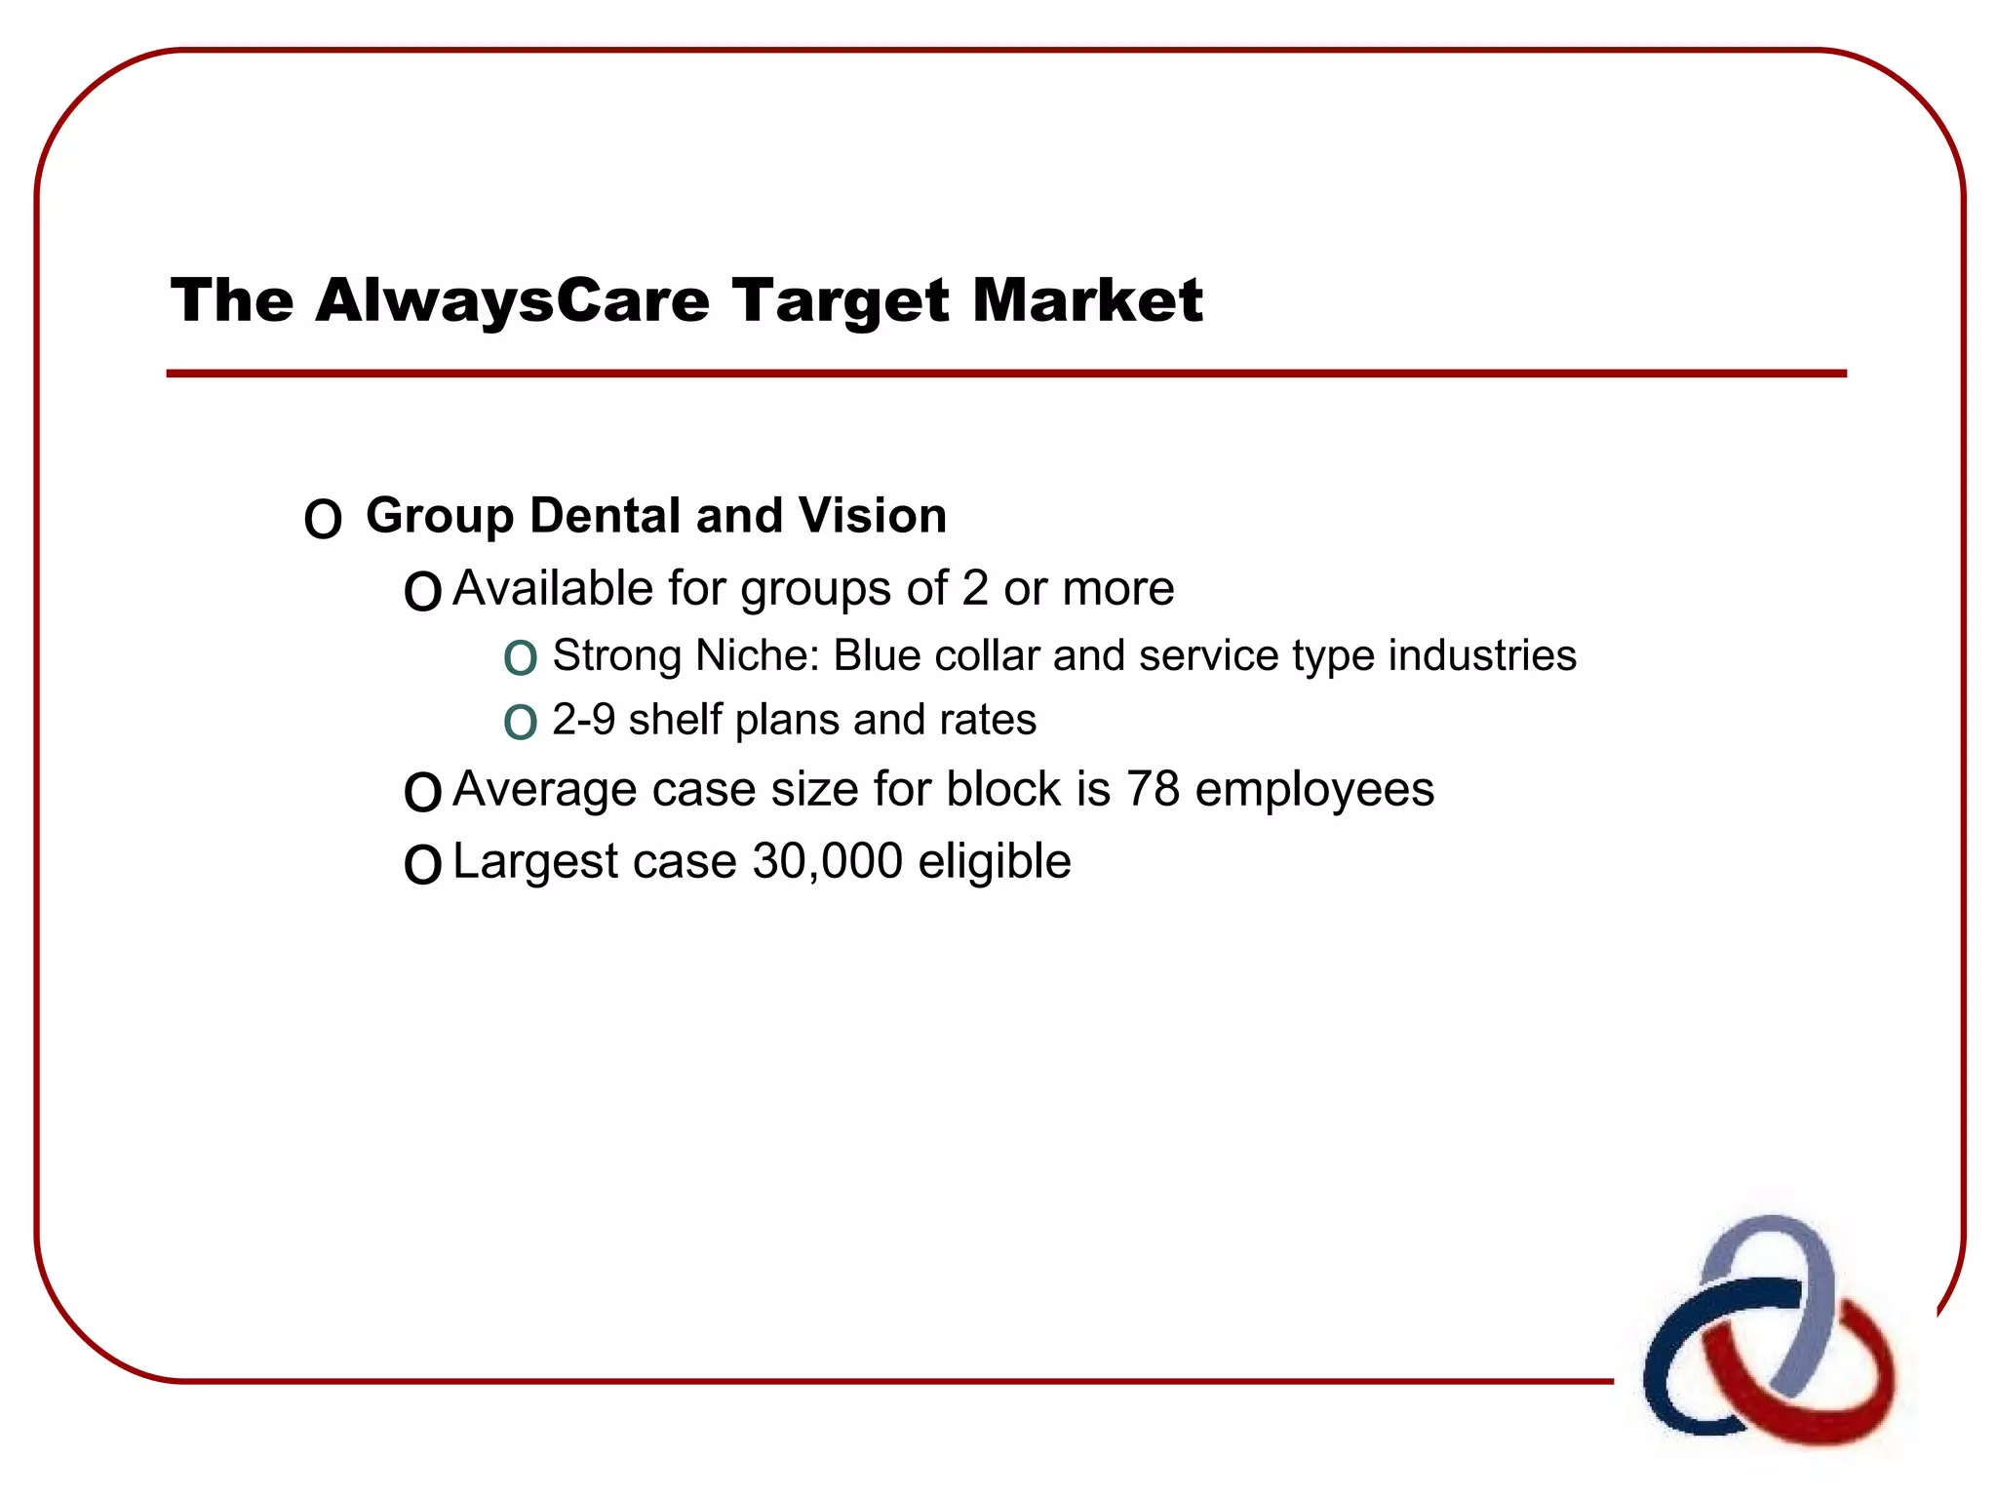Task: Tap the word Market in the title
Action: [x=1086, y=300]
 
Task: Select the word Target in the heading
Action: [x=840, y=300]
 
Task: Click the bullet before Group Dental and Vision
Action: [x=323, y=520]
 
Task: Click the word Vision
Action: [x=872, y=515]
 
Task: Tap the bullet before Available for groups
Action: [x=422, y=592]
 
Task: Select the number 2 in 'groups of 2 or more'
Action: [x=974, y=588]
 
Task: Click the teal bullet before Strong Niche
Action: [x=520, y=659]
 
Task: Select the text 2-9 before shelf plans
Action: [x=583, y=720]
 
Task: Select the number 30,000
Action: [x=827, y=861]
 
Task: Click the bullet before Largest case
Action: [x=422, y=865]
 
